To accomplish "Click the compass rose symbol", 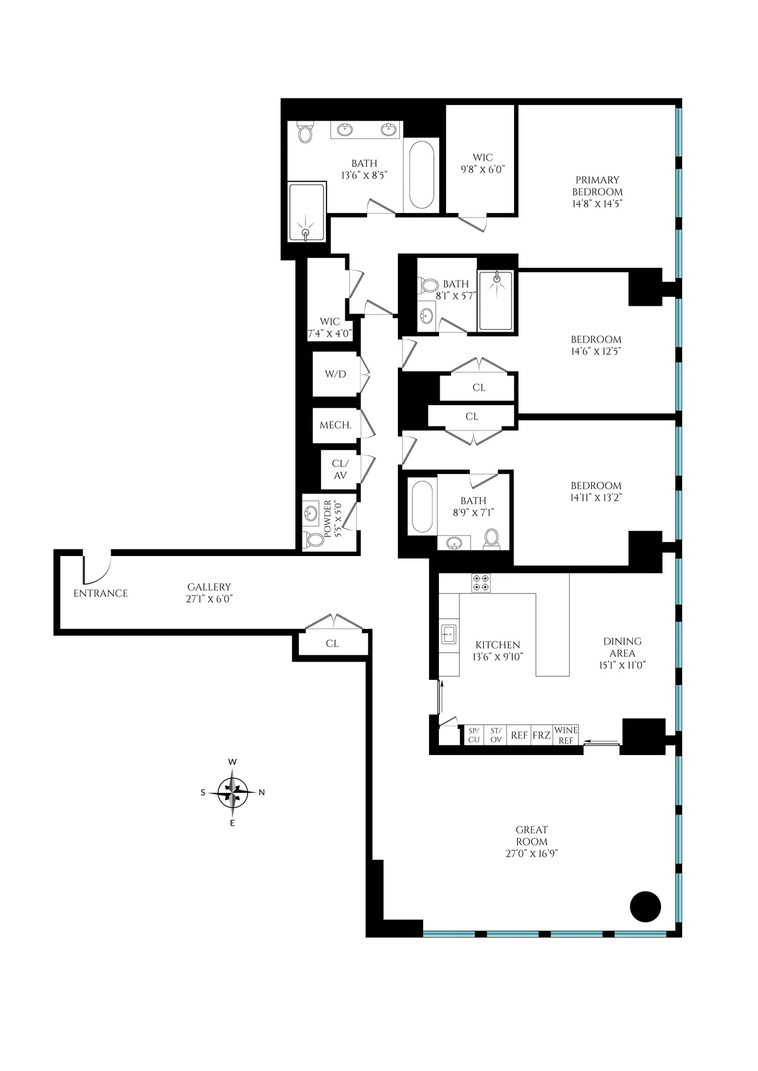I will [x=232, y=792].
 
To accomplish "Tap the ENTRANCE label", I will [x=100, y=593].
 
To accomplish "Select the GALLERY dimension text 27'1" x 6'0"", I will [x=209, y=599].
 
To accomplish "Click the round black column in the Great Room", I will [x=645, y=906].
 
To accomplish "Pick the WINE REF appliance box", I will [x=566, y=735].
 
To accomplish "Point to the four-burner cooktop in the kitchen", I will [x=481, y=583].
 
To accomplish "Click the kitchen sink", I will [x=449, y=633].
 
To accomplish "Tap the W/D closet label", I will [x=335, y=374].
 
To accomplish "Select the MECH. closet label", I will [x=335, y=425].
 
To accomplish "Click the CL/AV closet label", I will [x=340, y=469].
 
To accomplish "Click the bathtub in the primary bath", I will [x=422, y=175].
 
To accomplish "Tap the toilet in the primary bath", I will [x=306, y=133].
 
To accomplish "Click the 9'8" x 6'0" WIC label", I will [x=483, y=163].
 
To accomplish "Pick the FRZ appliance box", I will [x=541, y=735].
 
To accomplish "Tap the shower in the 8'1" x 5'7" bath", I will [x=495, y=300].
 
